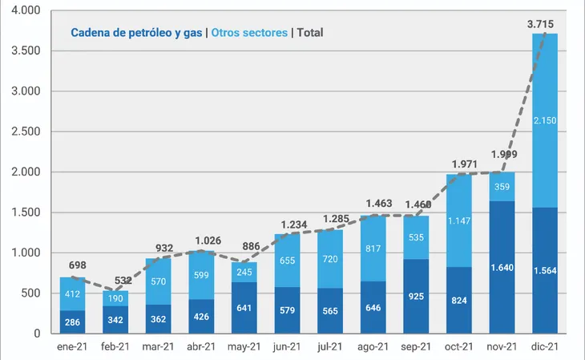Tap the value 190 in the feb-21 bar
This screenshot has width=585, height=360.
(x=115, y=297)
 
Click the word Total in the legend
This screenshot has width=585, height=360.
(x=309, y=33)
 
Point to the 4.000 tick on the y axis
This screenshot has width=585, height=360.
(x=27, y=10)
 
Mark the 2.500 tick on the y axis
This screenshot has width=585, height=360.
(x=27, y=131)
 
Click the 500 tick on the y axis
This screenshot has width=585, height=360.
(x=31, y=293)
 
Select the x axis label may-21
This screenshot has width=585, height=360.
(x=244, y=346)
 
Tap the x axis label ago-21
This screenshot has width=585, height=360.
(x=373, y=346)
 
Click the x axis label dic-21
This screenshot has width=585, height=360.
(x=545, y=346)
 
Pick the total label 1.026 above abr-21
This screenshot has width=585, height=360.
(x=203, y=241)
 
